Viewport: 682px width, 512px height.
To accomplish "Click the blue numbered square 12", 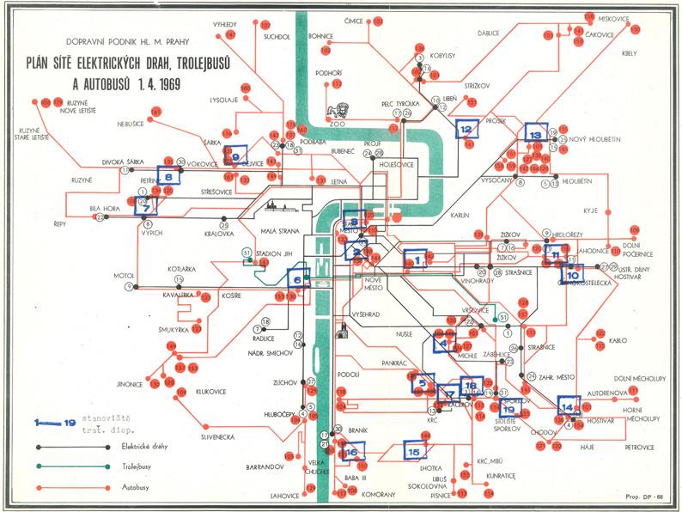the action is coord(466,129).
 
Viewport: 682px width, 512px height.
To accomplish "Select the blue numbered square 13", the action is coord(535,134).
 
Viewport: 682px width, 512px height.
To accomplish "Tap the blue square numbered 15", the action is coord(415,451).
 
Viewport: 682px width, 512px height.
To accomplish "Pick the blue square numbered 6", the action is coord(298,277).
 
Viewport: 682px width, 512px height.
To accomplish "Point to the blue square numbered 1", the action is coord(415,258).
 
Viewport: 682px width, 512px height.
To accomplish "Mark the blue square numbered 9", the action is coord(234,155).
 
